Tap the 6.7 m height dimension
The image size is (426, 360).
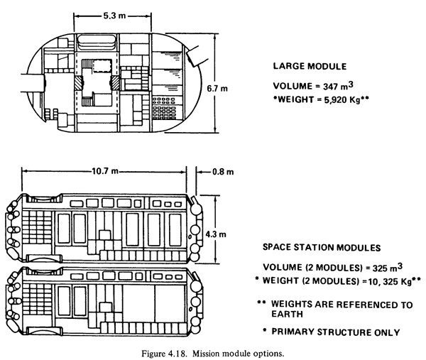coord(217,89)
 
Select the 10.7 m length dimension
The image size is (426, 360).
coord(105,171)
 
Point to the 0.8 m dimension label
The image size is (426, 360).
coord(223,172)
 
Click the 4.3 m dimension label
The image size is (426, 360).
coord(216,234)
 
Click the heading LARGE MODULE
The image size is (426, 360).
coord(310,66)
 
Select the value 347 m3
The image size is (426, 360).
coord(338,86)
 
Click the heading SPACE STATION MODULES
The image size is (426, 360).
coord(322,248)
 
